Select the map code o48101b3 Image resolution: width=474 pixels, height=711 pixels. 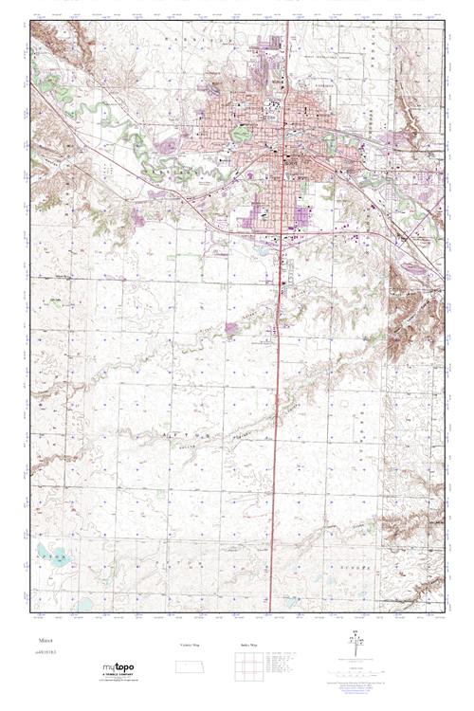(44, 652)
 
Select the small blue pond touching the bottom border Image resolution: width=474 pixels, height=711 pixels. (85, 604)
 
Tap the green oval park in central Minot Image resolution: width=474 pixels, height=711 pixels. (242, 134)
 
